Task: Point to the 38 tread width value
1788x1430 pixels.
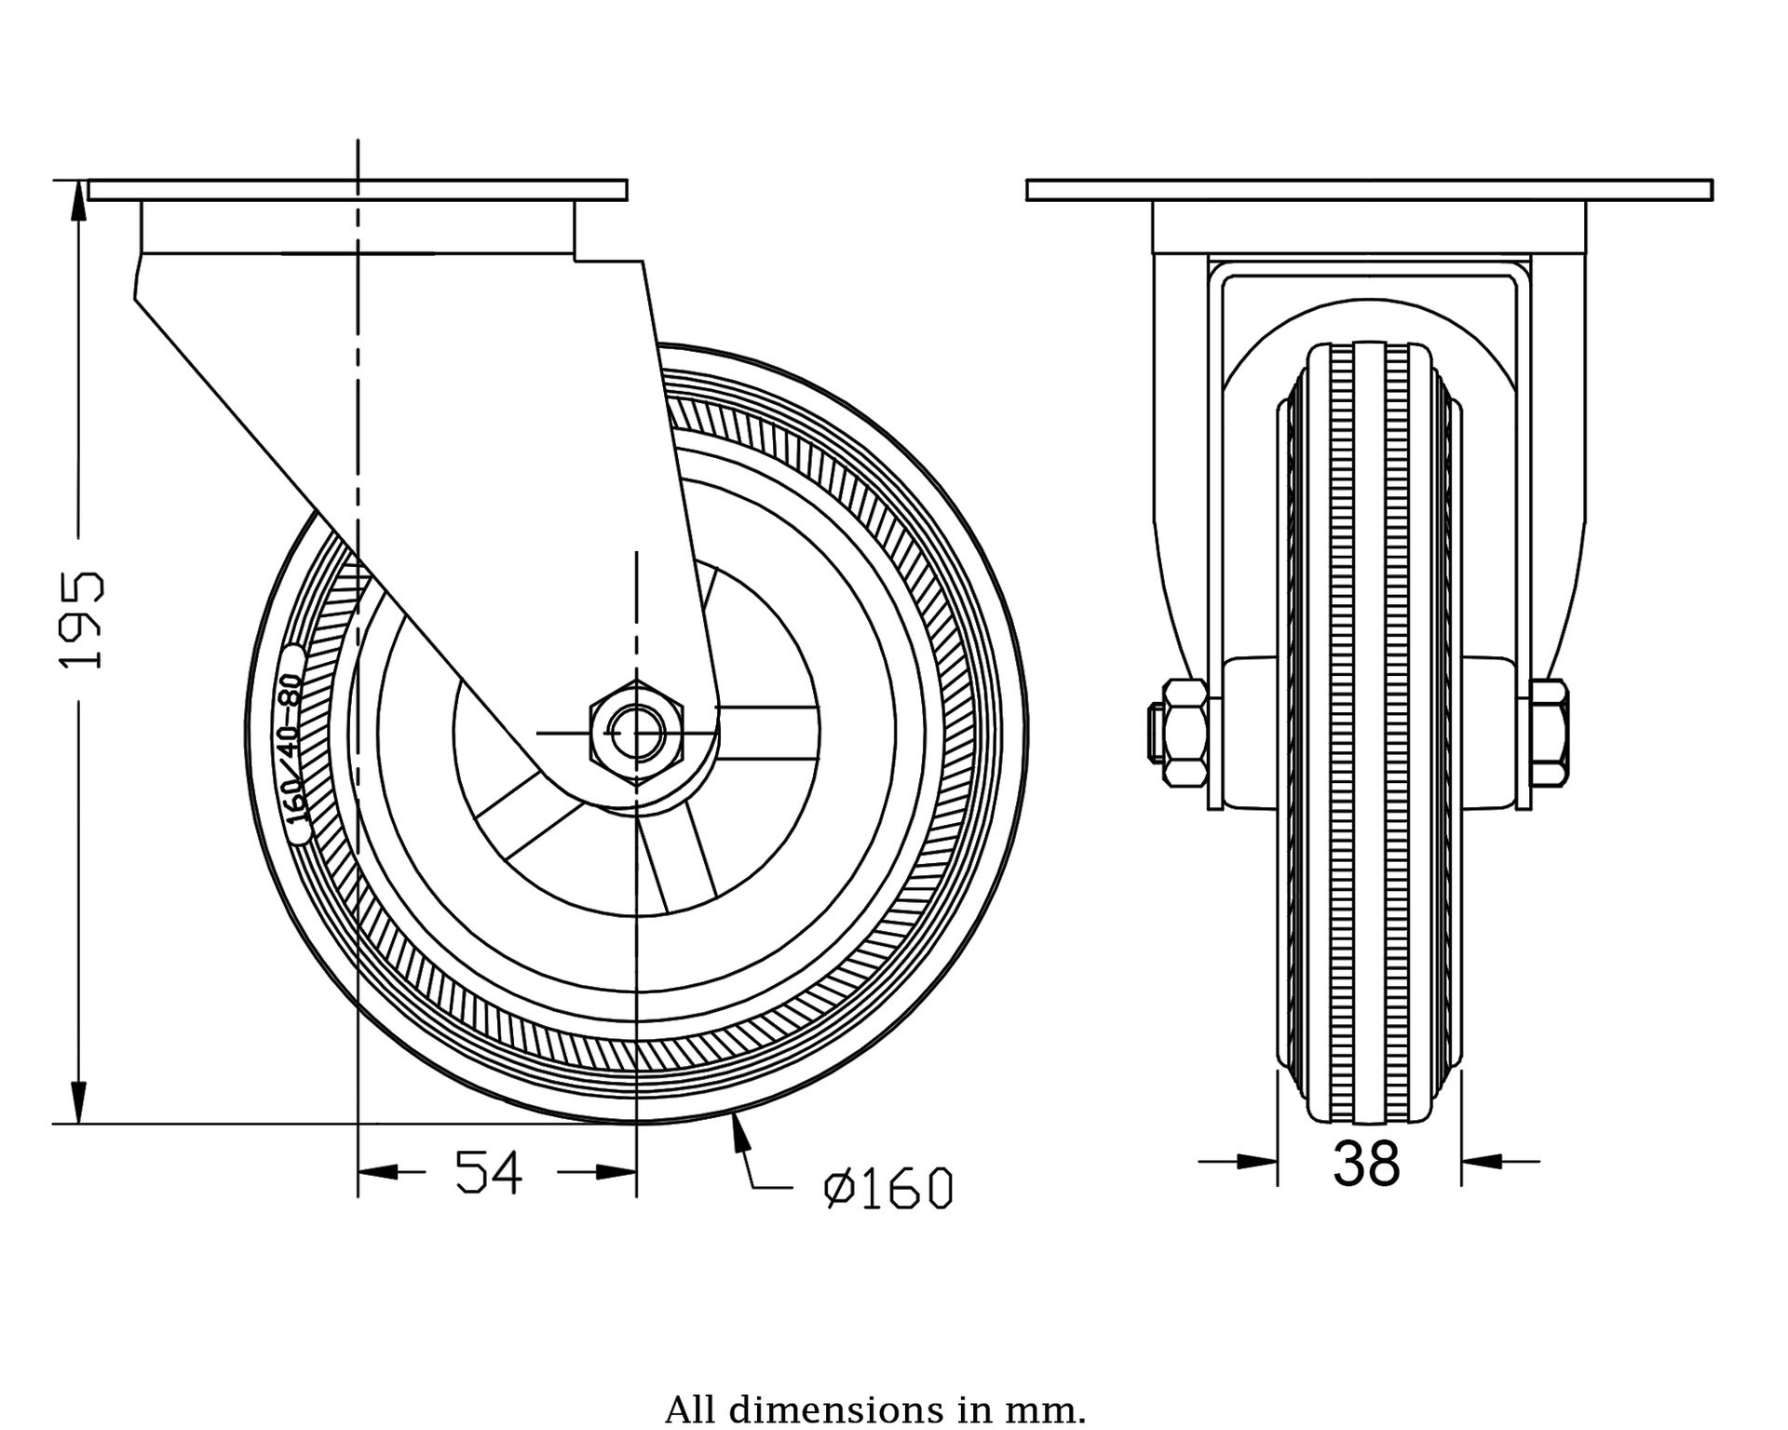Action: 1366,1164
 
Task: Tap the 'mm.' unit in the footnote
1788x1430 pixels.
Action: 1054,1409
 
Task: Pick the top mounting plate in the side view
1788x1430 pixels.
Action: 358,190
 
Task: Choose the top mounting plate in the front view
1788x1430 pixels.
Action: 1369,190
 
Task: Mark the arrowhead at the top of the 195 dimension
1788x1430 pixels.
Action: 81,197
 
